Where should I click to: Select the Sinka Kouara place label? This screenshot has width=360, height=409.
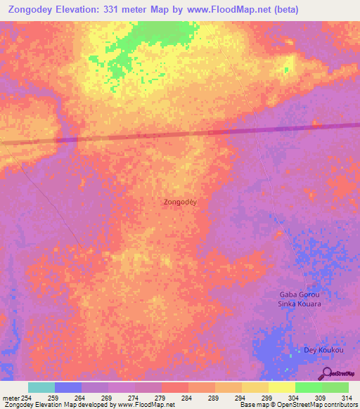(300, 304)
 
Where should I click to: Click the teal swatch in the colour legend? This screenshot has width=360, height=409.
(41, 387)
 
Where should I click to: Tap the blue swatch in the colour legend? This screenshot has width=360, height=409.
(67, 387)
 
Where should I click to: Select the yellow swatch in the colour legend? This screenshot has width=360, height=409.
(281, 387)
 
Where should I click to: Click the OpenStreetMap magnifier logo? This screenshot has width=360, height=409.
(326, 373)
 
